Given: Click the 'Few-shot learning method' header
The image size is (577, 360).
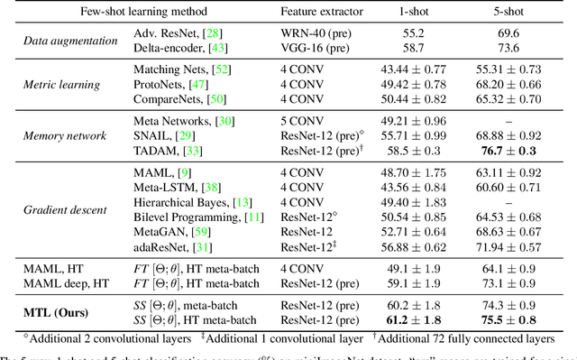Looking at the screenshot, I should click(133, 13).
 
